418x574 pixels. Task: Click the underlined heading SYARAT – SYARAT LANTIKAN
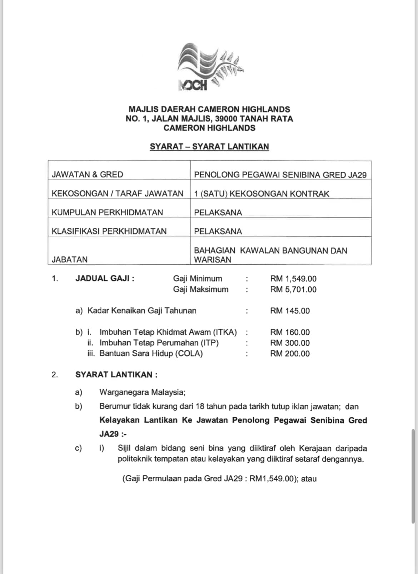click(x=209, y=147)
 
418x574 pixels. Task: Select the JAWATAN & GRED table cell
click(x=88, y=175)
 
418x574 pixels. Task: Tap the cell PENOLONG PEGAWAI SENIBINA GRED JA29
click(x=280, y=175)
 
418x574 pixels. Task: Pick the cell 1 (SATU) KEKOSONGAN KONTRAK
click(x=262, y=193)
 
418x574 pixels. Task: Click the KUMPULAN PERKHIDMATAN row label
click(x=107, y=212)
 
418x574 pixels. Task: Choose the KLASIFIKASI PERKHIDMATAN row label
click(x=109, y=231)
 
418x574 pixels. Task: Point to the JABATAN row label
click(x=70, y=259)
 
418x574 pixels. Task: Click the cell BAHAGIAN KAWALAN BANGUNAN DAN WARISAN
click(x=270, y=255)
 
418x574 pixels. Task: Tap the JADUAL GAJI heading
click(x=105, y=278)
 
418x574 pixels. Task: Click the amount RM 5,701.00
click(x=293, y=289)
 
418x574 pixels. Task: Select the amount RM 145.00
click(x=290, y=311)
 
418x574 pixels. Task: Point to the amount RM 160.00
click(x=290, y=332)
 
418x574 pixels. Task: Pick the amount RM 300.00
click(x=290, y=343)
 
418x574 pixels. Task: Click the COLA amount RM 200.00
click(x=290, y=354)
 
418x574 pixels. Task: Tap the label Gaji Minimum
click(x=198, y=279)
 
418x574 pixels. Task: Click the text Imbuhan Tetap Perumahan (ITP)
click(x=159, y=343)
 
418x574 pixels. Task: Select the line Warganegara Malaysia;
click(x=142, y=392)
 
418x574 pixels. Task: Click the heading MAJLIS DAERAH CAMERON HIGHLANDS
click(x=209, y=109)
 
